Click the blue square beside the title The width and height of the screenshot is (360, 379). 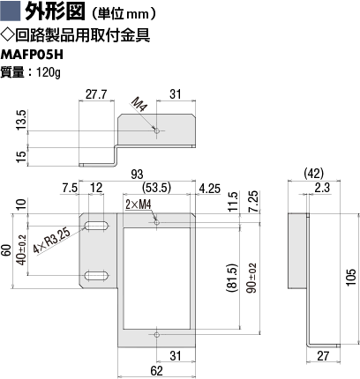[x=10, y=11]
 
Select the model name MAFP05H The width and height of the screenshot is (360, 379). [x=32, y=55]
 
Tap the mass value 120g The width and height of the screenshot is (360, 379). [x=48, y=72]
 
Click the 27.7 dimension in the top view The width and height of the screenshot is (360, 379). [x=96, y=94]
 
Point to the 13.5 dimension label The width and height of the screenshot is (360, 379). [x=21, y=120]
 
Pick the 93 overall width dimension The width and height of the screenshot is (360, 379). [x=137, y=175]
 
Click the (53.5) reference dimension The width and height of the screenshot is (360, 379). [x=156, y=188]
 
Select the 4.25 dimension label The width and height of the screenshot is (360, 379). [x=209, y=189]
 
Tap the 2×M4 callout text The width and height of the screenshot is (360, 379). [x=139, y=204]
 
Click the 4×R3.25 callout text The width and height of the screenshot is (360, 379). [x=52, y=241]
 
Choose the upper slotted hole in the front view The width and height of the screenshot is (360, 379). [x=97, y=226]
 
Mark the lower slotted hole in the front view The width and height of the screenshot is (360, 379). [x=97, y=276]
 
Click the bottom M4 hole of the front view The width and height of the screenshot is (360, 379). [x=157, y=335]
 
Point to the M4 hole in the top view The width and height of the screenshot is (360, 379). [x=157, y=130]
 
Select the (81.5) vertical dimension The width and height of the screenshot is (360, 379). [x=232, y=278]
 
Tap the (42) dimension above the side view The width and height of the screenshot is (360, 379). [x=314, y=174]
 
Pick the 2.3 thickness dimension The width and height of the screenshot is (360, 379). [x=322, y=188]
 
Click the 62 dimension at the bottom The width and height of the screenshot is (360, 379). [x=156, y=371]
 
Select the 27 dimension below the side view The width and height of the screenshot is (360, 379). [x=323, y=356]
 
